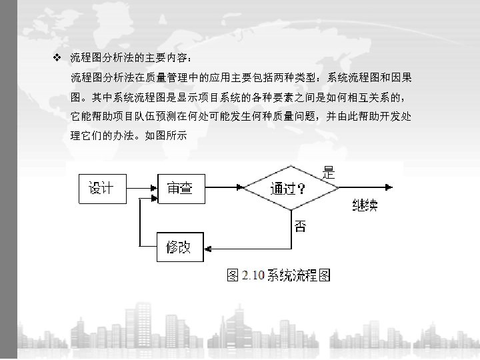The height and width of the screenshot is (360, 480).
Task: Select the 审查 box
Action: (179, 188)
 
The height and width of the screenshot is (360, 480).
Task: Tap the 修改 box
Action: (178, 248)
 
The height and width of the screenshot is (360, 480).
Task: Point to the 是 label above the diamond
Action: (329, 172)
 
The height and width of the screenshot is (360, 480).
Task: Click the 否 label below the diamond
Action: (301, 227)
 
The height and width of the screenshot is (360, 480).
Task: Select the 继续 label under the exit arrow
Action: (364, 206)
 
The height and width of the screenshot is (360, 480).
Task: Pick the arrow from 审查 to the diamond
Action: (223, 188)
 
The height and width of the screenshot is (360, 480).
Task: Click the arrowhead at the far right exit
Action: (397, 188)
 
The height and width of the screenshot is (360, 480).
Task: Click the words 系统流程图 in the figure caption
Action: (299, 275)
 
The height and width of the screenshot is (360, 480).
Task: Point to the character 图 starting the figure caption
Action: (233, 275)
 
